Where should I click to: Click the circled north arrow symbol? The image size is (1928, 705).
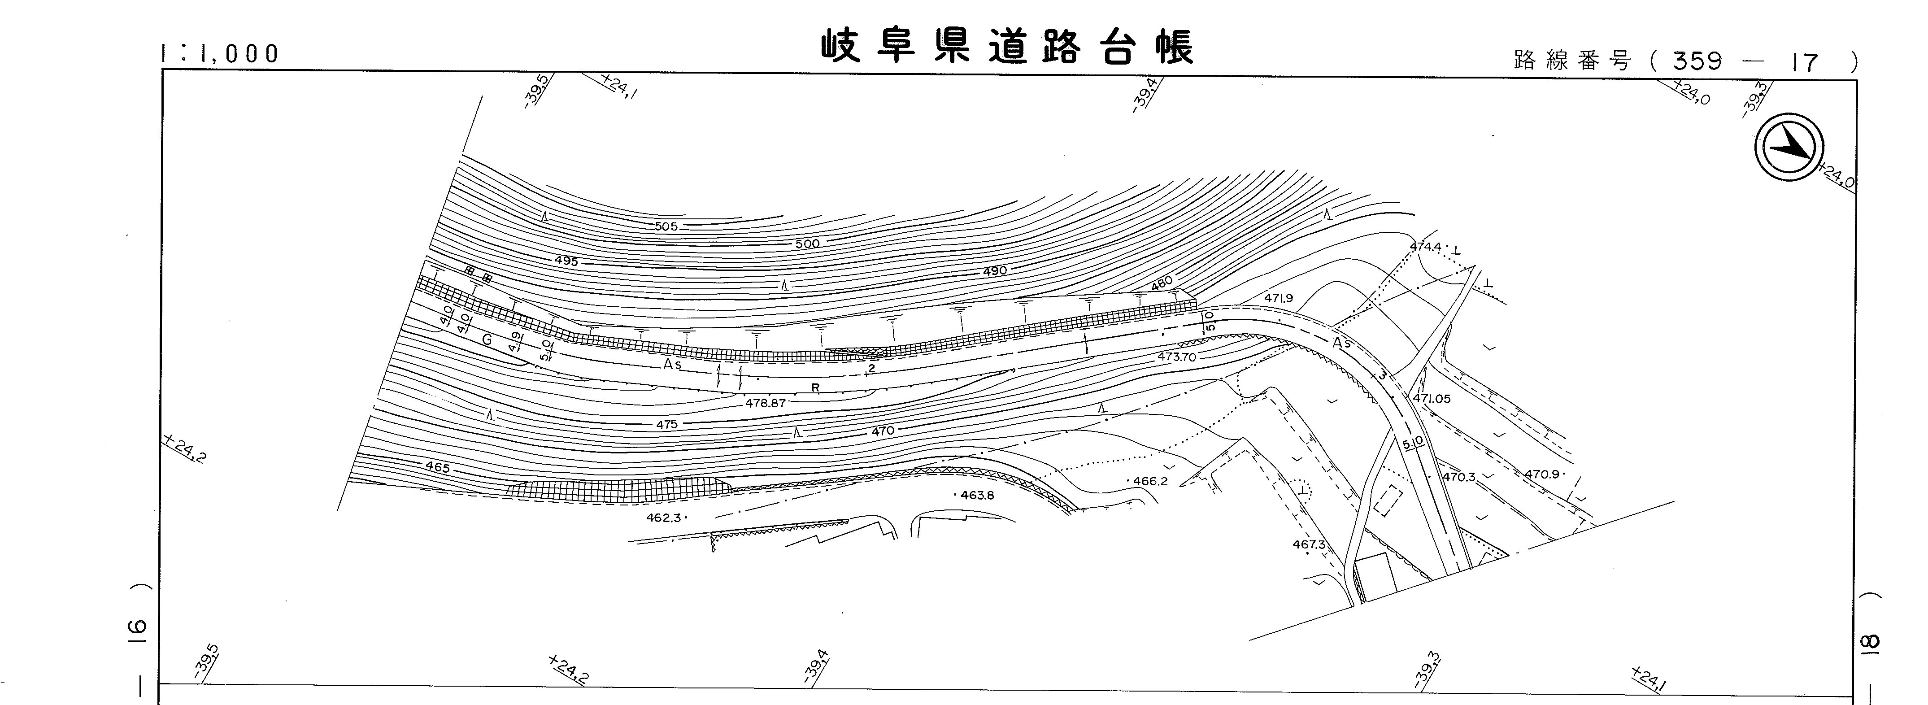point(1789,150)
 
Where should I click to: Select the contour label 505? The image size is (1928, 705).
point(666,226)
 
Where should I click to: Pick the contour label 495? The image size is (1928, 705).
point(566,261)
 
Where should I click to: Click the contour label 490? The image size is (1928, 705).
point(995,271)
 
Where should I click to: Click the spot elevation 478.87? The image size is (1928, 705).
point(765,403)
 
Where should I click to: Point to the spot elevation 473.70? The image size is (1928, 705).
point(1176,357)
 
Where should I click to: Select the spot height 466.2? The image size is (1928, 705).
point(1149,481)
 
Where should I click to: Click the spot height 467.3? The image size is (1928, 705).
point(1308,544)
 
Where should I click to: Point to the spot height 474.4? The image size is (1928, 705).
point(1426,246)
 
